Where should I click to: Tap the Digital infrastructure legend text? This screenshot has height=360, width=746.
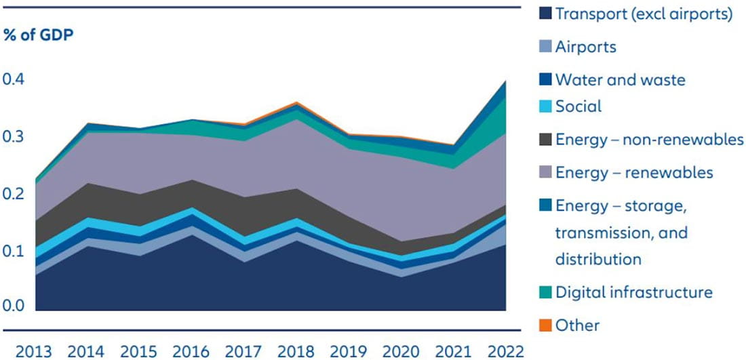point(633,292)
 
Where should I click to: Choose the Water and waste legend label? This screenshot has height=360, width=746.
point(620,80)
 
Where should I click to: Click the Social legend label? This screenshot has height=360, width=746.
point(578,106)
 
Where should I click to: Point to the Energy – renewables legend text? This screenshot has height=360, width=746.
point(633,173)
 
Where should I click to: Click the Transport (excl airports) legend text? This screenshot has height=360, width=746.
point(643,14)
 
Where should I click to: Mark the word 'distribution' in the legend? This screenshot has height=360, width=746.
point(597,259)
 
